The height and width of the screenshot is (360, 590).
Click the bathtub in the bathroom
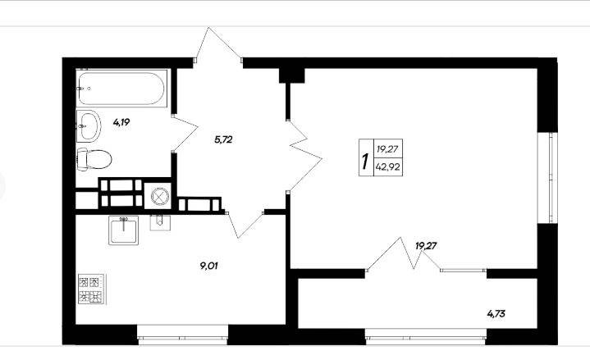121,89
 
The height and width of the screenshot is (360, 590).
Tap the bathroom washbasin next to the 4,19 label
89,125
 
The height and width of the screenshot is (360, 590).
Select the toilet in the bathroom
94,159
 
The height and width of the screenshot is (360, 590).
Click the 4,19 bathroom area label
121,122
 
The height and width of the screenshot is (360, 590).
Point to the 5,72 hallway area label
223,140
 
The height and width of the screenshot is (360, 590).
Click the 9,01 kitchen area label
208,266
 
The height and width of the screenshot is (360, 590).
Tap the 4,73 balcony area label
496,313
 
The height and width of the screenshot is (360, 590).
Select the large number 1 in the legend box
364,161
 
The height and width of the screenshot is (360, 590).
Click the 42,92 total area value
387,166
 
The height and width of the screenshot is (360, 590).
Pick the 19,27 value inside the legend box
387,149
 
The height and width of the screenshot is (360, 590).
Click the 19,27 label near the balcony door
426,246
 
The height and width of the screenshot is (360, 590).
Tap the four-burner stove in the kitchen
91,289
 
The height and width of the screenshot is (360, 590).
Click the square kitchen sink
123,230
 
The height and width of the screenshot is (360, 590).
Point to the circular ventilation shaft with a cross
158,196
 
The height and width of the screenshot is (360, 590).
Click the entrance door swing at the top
217,45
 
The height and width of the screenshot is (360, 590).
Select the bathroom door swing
185,134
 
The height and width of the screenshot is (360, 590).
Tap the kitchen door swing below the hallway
245,224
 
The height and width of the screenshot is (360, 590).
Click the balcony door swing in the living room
404,254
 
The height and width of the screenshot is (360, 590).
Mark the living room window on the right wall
547,177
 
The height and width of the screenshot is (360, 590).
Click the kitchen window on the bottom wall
182,334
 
